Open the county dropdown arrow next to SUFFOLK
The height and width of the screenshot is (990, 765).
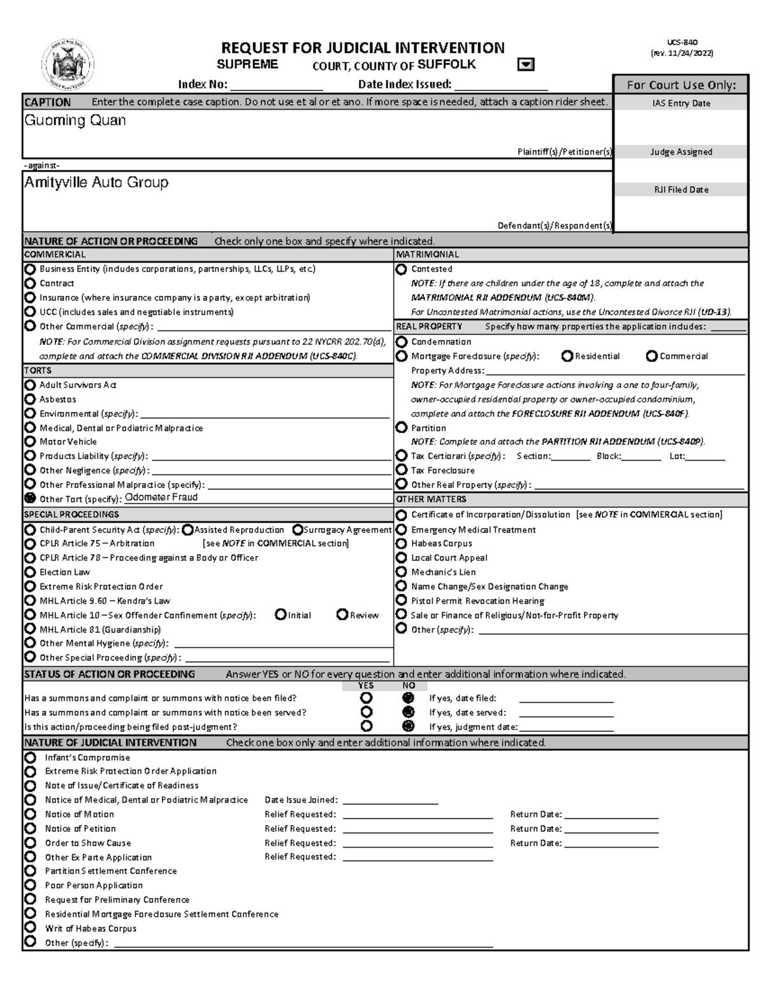526,65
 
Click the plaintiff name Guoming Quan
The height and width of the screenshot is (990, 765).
75,120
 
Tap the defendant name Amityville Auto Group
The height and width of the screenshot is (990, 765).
96,182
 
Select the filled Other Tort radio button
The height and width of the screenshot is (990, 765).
30,499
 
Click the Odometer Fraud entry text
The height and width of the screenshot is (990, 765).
161,497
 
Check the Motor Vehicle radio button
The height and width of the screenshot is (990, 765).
30,441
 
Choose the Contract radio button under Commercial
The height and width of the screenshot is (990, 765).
30,283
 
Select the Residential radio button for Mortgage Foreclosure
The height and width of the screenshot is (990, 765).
567,356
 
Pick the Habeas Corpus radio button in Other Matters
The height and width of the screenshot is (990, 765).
401,543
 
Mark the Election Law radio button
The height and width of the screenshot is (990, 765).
30,572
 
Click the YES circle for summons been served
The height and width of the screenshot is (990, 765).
366,712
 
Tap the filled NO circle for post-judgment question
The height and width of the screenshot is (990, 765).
409,726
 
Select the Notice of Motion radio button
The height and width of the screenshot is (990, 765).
30,814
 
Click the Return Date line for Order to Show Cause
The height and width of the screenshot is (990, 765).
611,843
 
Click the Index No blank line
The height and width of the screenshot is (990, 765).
276,85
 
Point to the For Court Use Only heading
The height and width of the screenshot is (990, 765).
681,85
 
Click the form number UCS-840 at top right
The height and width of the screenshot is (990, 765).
682,42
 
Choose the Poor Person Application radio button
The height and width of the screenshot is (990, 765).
30,885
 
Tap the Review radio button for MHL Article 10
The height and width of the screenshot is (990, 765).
342,615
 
